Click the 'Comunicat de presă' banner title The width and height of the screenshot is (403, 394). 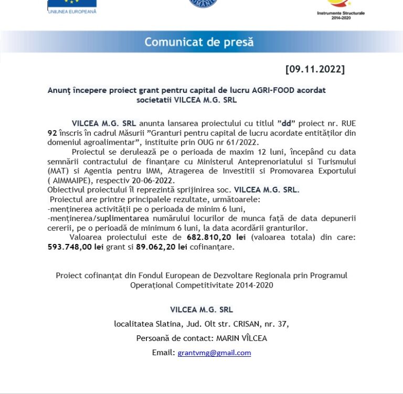[199, 42]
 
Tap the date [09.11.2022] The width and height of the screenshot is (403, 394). [315, 69]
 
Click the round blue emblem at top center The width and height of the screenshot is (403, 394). [203, 3]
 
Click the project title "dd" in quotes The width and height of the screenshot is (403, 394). [287, 124]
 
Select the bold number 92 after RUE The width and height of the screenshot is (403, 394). [52, 133]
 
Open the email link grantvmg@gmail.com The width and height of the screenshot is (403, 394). [214, 353]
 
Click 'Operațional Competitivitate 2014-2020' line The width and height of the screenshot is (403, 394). [201, 285]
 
